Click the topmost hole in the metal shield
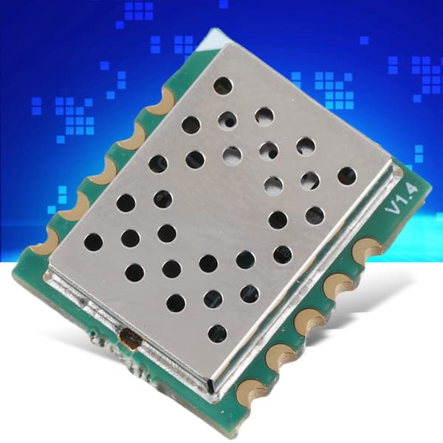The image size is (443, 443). click(x=223, y=86)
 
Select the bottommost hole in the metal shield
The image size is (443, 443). click(x=217, y=334)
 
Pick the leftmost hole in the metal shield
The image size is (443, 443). click(x=93, y=243)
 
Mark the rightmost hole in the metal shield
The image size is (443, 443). click(x=347, y=176)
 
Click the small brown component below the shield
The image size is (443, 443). click(x=130, y=338)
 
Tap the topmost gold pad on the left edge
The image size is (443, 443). click(x=162, y=103)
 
